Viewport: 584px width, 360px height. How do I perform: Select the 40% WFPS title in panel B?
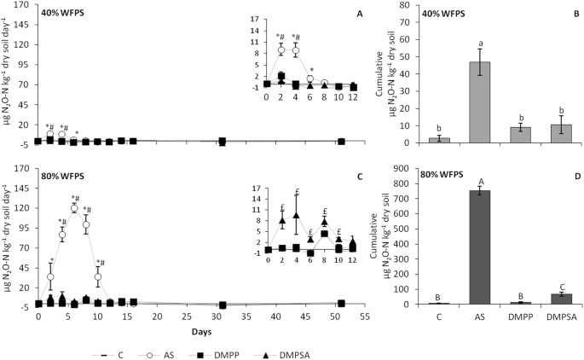click(444, 15)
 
